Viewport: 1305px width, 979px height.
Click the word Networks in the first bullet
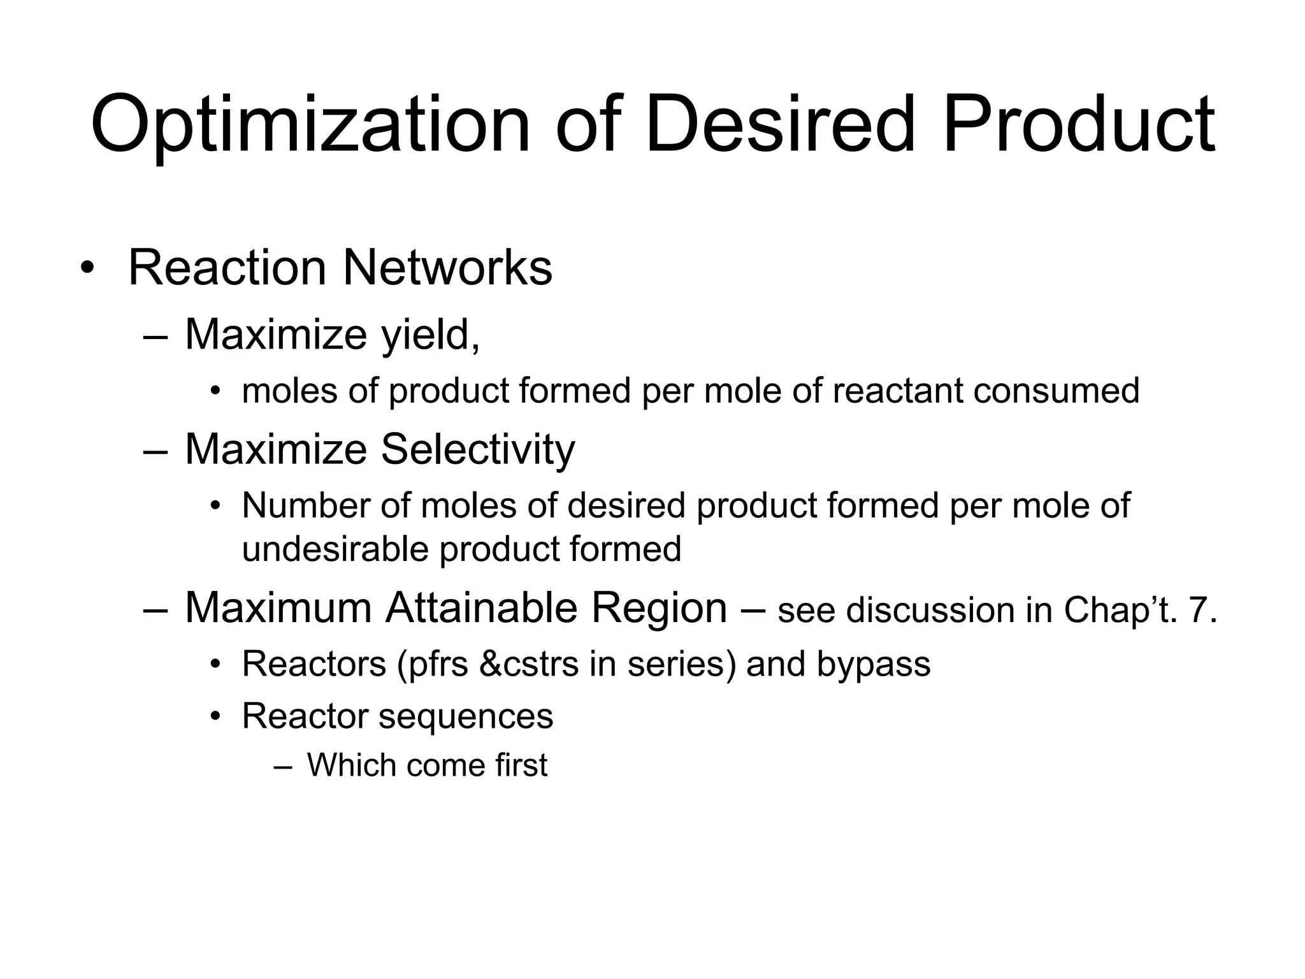(x=447, y=268)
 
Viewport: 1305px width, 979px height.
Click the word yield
(x=430, y=335)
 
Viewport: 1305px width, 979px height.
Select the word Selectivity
(x=477, y=449)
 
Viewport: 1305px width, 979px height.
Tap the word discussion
(x=931, y=611)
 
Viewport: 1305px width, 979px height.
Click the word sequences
(x=466, y=716)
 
